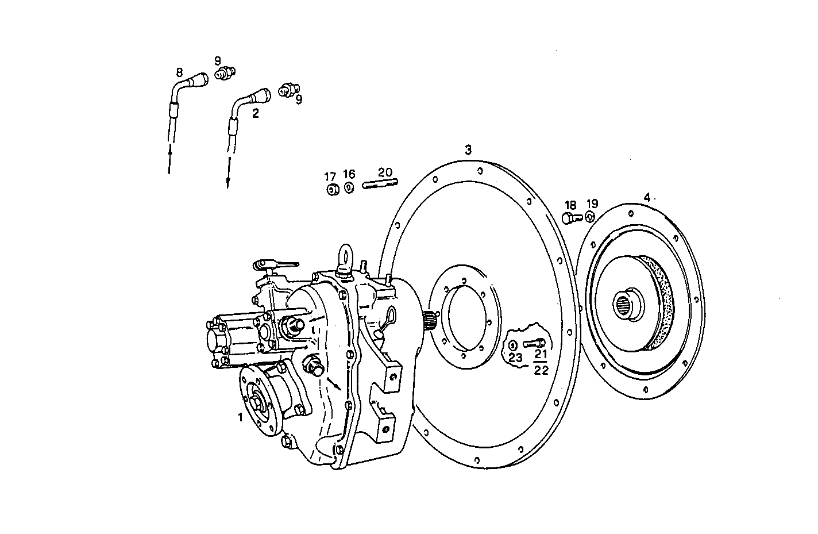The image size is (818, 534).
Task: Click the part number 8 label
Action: (x=179, y=73)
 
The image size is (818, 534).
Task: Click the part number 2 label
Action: (x=256, y=114)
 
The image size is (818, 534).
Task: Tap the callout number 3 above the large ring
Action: (x=468, y=150)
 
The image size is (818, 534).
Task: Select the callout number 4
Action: (x=647, y=198)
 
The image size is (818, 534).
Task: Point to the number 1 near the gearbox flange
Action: (x=241, y=417)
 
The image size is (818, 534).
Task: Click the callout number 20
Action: (x=385, y=172)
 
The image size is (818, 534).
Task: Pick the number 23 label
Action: (x=515, y=357)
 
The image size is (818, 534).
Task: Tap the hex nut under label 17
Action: (x=331, y=190)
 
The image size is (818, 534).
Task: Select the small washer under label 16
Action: (x=349, y=188)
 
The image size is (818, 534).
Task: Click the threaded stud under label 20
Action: (x=380, y=185)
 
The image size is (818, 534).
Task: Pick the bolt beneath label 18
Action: (x=569, y=218)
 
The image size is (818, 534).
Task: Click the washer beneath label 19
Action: (x=590, y=217)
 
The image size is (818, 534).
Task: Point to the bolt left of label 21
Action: (x=533, y=343)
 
